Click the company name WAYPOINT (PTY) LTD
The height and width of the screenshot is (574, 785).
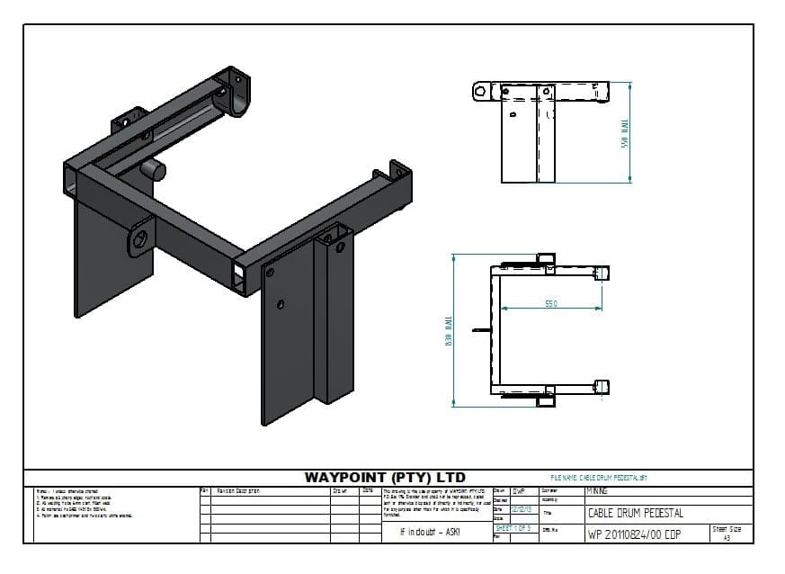(x=385, y=477)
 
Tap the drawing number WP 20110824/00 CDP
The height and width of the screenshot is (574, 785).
(x=634, y=534)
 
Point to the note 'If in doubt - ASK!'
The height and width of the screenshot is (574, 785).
(x=429, y=533)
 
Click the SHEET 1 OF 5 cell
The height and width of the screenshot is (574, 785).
(x=513, y=527)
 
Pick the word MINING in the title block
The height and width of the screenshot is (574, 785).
(x=597, y=491)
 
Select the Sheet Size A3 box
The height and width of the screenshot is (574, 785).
(x=727, y=533)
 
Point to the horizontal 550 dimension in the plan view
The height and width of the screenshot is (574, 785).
(x=550, y=304)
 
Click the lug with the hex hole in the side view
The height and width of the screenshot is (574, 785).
(x=481, y=91)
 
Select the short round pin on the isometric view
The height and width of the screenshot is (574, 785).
(x=155, y=169)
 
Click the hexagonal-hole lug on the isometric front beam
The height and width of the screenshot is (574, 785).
(x=139, y=238)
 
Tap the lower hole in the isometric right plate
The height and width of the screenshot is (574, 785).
(x=281, y=306)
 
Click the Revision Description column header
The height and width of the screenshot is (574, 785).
(x=239, y=491)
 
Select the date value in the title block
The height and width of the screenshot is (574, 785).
(x=520, y=509)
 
